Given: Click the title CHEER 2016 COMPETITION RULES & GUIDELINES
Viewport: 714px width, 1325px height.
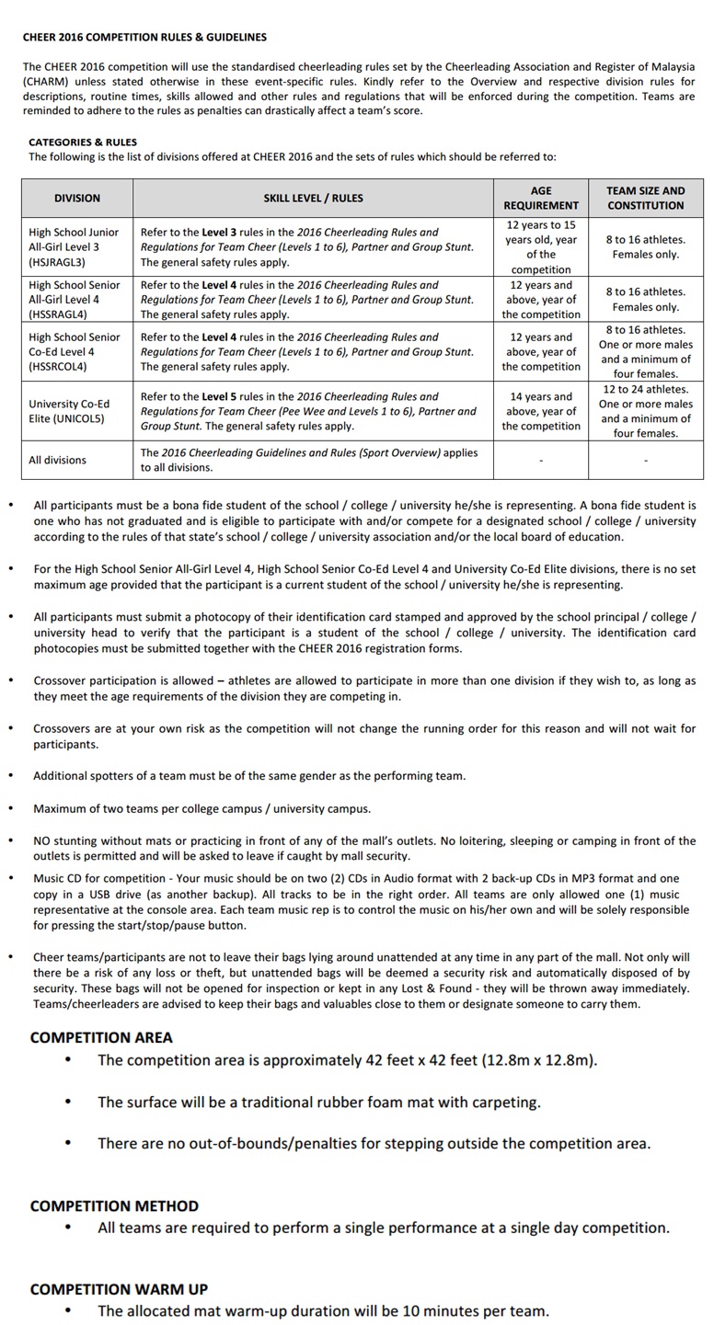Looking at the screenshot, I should click(x=144, y=38).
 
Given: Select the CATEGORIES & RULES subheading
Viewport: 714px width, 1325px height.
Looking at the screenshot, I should click(x=83, y=143).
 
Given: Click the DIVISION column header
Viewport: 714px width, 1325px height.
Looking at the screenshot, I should click(x=77, y=198).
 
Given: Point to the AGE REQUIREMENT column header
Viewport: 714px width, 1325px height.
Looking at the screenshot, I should click(x=541, y=198).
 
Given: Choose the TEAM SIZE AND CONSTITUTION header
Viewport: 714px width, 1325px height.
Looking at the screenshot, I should click(x=645, y=198).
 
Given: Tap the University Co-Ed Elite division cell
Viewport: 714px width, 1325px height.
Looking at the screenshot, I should click(x=69, y=411).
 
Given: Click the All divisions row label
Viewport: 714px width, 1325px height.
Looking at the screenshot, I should click(x=58, y=460).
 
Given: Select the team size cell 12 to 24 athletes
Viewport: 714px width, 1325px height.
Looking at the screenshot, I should click(x=645, y=389).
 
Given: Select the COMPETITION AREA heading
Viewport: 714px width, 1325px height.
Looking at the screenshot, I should click(x=101, y=1037).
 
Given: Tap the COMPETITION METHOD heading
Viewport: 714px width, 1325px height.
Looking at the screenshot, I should click(x=114, y=1205).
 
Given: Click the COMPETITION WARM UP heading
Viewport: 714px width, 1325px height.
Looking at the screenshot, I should click(x=119, y=1289).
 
